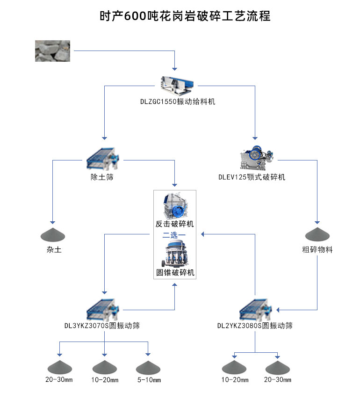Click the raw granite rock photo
(52, 51)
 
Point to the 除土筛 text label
(102, 177)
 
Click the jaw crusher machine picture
(255, 159)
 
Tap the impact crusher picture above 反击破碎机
(174, 205)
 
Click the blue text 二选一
(174, 234)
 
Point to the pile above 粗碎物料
(317, 233)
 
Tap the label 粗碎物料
(317, 250)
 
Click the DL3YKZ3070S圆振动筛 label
(102, 326)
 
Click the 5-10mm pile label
(149, 380)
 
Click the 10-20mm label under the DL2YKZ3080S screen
(234, 380)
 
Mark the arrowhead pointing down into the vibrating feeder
(174, 68)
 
